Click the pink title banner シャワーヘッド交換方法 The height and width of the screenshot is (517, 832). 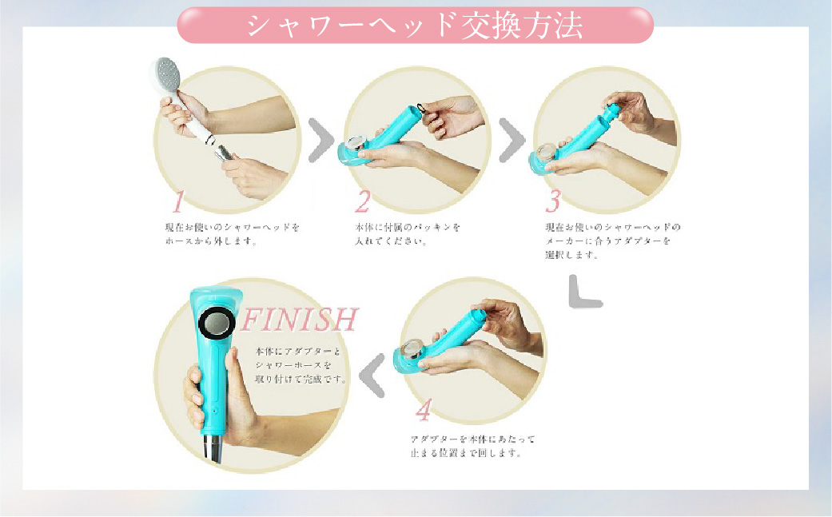click(x=415, y=25)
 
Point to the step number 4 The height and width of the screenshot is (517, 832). click(x=424, y=411)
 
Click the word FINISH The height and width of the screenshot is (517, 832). click(x=299, y=320)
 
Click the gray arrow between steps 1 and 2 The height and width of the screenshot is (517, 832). click(x=320, y=139)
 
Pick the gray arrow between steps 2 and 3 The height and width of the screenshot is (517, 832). click(x=512, y=139)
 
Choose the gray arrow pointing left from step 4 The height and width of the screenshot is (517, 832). click(x=372, y=375)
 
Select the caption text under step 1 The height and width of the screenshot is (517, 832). click(x=227, y=233)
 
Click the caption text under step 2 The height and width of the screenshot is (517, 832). click(x=408, y=233)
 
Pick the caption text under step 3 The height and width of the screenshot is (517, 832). click(x=607, y=241)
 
